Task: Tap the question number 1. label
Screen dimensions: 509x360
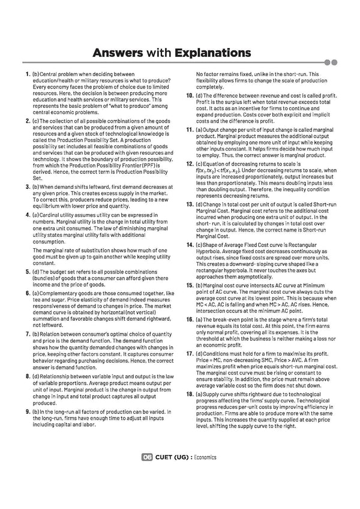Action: pos(28,74)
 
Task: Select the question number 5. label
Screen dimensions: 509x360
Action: pos(28,272)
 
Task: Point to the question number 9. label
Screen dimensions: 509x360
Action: pos(28,412)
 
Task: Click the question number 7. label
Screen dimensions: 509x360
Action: pos(28,332)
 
